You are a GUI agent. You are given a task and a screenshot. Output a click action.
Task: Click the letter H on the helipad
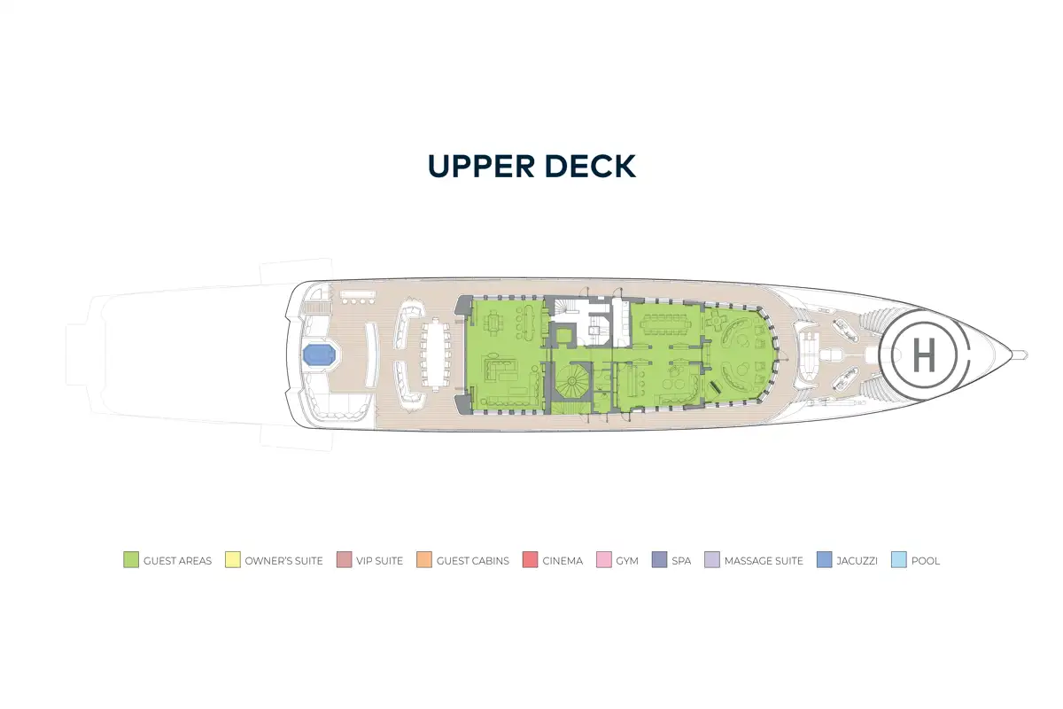click(924, 354)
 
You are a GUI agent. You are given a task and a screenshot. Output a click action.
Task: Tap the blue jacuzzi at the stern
click(320, 354)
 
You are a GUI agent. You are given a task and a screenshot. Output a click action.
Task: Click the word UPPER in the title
click(481, 167)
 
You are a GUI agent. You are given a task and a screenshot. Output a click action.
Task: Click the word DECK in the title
click(590, 167)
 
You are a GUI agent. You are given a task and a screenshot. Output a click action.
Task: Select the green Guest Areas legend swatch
click(131, 559)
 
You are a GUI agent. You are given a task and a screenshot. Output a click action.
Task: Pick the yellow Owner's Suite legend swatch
click(232, 559)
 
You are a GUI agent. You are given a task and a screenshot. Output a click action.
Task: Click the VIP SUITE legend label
click(380, 561)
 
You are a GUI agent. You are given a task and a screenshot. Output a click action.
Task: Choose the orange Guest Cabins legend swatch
click(424, 559)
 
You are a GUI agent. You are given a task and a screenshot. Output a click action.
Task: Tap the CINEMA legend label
click(563, 561)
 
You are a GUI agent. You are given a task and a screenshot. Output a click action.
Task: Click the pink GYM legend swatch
click(603, 559)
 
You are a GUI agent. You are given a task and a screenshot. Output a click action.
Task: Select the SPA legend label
click(681, 561)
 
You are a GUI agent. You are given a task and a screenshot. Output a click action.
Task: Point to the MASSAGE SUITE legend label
click(764, 561)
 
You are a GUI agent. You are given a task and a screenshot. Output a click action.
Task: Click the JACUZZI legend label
click(857, 561)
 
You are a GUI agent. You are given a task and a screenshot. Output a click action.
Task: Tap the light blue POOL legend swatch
click(899, 559)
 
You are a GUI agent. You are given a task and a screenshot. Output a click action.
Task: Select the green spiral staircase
click(572, 381)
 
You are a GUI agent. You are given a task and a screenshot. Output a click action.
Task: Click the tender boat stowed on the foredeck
click(807, 354)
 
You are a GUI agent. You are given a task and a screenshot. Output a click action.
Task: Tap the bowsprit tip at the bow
click(1026, 354)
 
